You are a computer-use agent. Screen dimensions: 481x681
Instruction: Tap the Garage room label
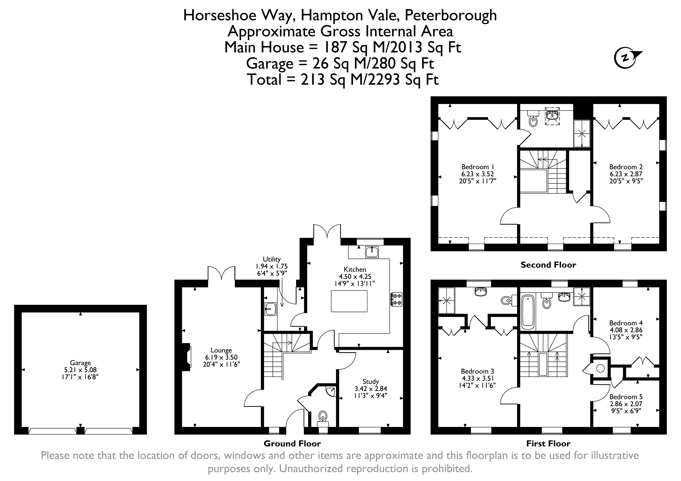[x=80, y=363]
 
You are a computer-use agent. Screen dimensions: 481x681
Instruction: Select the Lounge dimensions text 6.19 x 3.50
[x=221, y=357]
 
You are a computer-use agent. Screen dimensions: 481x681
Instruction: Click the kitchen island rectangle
[x=349, y=301]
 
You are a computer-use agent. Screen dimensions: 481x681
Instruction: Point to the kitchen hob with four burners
[x=397, y=299]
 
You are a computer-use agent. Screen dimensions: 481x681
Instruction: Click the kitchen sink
[x=372, y=252]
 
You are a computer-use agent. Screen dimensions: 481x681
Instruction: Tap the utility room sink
[x=270, y=309]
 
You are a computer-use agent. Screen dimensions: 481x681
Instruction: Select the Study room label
[x=371, y=381]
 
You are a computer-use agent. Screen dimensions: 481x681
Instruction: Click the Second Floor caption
[x=548, y=265]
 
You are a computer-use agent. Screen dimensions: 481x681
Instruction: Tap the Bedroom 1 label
[x=477, y=167]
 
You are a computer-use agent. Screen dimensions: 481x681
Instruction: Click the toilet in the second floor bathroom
[x=533, y=120]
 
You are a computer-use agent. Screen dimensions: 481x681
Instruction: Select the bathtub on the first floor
[x=528, y=312]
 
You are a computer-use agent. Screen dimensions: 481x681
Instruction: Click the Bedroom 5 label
[x=625, y=397]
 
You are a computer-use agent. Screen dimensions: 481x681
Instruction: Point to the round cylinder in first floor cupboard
[x=601, y=369]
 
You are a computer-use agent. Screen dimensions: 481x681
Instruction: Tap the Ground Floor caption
[x=292, y=444]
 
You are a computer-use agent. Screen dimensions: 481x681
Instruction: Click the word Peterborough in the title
[x=451, y=15]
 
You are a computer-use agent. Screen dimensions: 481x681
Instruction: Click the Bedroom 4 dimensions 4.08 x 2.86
[x=625, y=330]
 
